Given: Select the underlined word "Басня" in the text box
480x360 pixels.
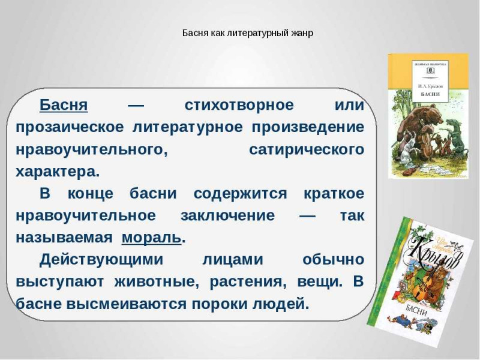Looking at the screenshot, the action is (x=64, y=105).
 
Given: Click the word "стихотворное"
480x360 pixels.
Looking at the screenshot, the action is (x=239, y=106).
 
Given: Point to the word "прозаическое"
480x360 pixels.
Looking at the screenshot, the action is (x=70, y=128).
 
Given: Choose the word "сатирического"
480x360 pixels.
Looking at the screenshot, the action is (x=307, y=149).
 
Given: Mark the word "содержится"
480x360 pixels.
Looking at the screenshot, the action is (x=241, y=194).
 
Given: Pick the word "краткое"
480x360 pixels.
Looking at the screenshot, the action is (x=334, y=194).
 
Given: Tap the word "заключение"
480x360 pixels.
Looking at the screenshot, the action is (x=228, y=216).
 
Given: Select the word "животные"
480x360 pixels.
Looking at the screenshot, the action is (x=155, y=281).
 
